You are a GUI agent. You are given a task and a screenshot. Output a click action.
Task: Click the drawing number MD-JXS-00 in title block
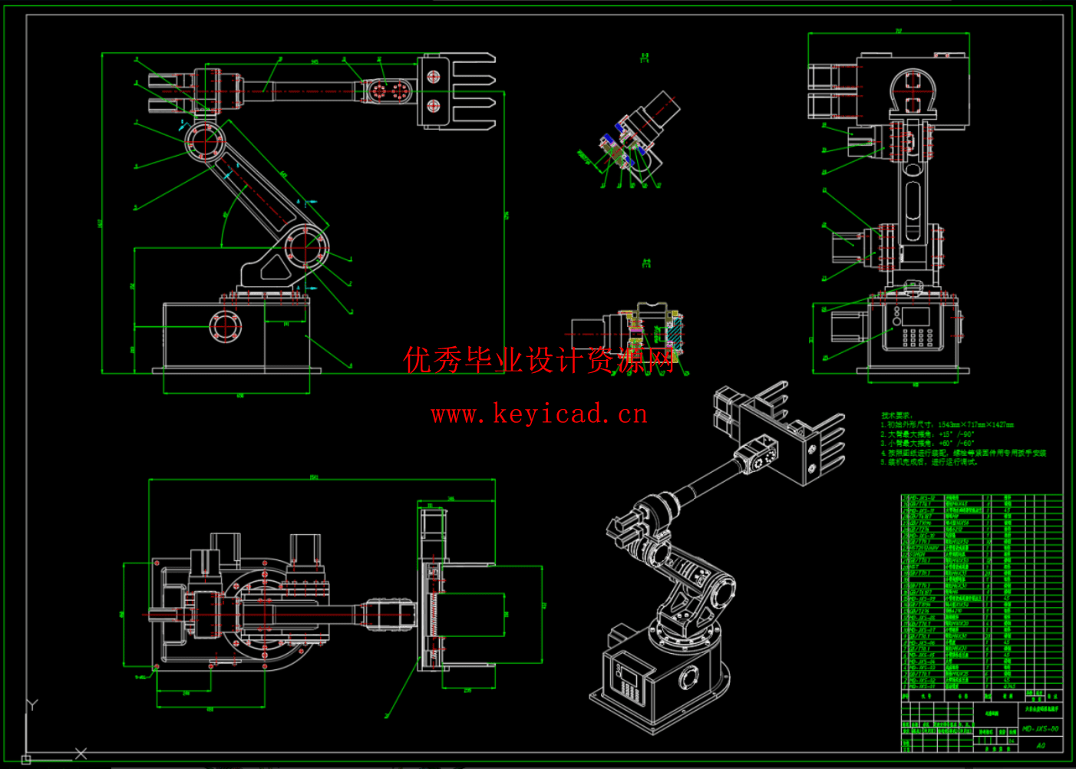point(1041,728)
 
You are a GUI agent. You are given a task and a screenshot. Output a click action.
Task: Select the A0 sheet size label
point(1041,745)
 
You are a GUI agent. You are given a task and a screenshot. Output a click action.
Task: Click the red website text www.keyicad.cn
point(540,414)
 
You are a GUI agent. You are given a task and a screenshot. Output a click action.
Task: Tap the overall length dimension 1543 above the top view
point(314,477)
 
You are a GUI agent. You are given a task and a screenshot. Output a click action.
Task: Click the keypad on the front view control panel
point(917,337)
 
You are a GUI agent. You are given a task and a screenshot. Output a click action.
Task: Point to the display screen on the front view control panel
point(916,316)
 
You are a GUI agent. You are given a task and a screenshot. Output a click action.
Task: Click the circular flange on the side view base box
point(225,327)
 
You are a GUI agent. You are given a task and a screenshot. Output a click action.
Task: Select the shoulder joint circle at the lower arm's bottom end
point(306,249)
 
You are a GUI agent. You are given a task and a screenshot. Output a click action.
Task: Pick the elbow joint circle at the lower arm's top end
point(205,142)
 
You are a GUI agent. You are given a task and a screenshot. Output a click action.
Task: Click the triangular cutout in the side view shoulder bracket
point(273,268)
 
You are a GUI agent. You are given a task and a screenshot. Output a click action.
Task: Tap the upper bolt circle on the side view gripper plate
point(434,77)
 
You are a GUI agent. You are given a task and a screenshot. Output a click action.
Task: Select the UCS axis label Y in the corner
point(32,705)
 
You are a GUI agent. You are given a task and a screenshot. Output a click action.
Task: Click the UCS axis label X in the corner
point(81,754)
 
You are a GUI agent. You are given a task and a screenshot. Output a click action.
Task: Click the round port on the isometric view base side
point(688,677)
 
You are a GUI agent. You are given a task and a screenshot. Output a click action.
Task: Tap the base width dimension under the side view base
point(239,396)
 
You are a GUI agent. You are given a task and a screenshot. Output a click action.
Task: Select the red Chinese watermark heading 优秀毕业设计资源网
point(540,359)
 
